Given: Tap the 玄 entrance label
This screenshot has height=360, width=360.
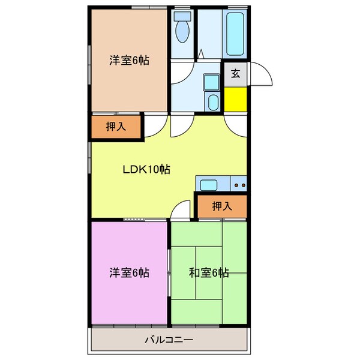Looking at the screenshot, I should click(236, 74).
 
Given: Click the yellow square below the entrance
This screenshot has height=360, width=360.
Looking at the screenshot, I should click(236, 99).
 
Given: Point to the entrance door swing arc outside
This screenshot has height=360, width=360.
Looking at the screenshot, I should click(262, 74).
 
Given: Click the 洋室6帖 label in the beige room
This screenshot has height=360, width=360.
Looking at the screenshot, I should click(128, 60).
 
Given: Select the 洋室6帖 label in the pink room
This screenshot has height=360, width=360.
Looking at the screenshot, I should click(128, 272).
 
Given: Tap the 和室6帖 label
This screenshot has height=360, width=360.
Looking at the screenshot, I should click(208, 272).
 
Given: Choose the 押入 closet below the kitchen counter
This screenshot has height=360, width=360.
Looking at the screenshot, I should click(222, 207).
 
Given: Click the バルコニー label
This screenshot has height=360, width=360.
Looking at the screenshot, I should click(169, 341).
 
